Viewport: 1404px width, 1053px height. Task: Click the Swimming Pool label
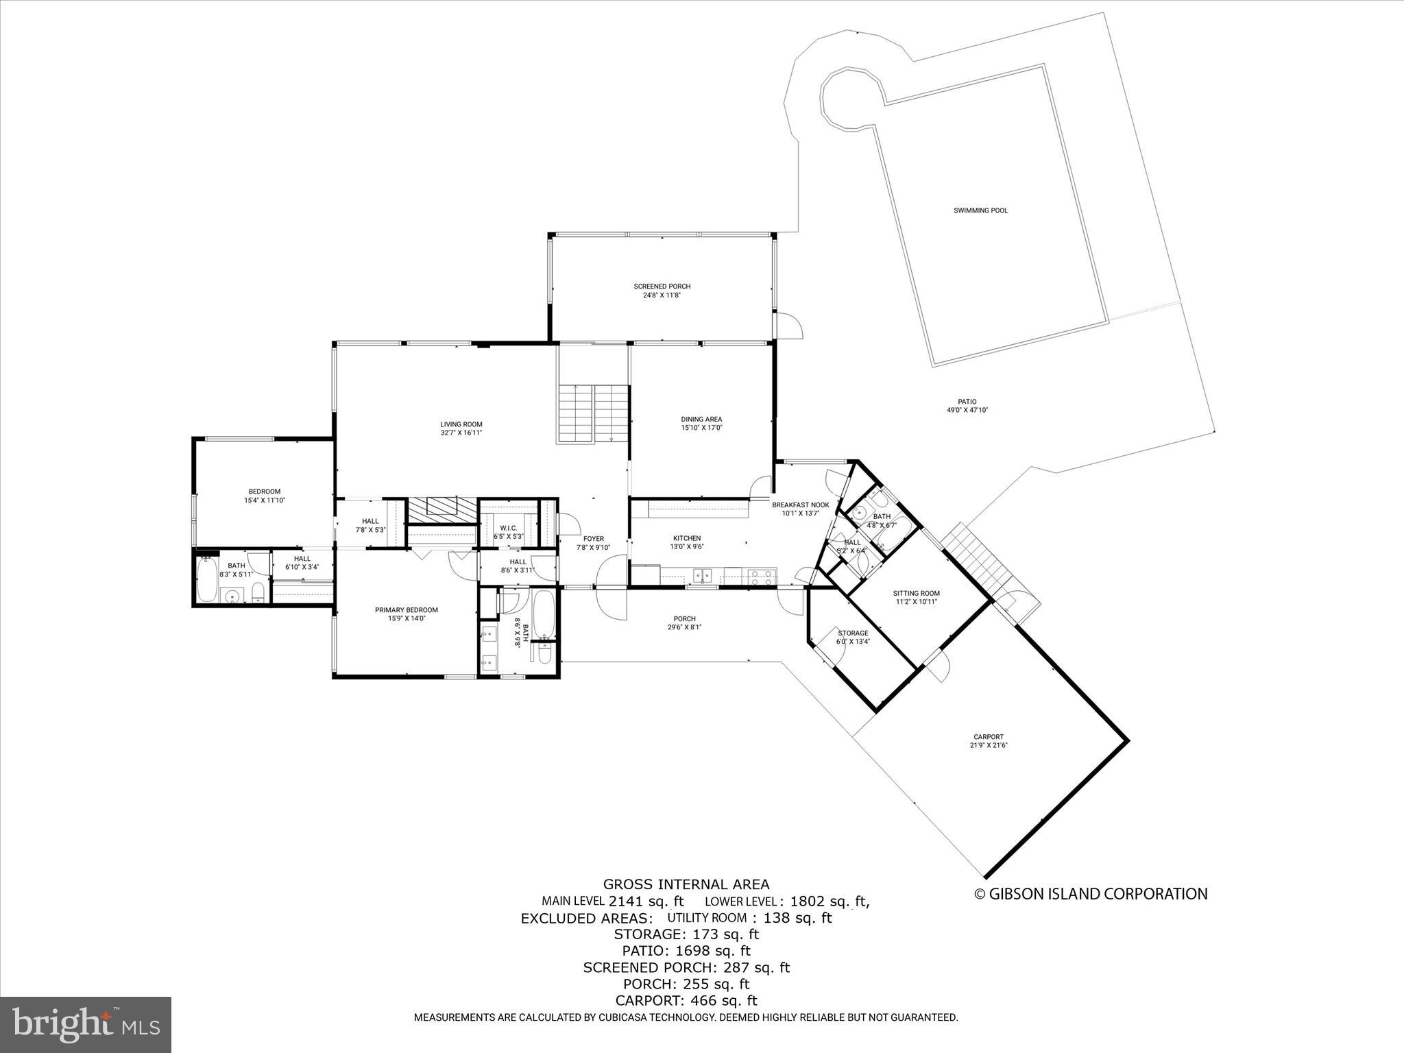pyautogui.click(x=980, y=210)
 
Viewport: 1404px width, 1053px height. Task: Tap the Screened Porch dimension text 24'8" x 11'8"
pyautogui.click(x=661, y=295)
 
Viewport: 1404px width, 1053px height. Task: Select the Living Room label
pyautogui.click(x=461, y=424)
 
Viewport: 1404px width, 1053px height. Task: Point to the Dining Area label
pyautogui.click(x=701, y=419)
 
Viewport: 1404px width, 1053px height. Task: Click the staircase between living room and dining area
pyautogui.click(x=593, y=413)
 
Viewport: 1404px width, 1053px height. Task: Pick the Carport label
pyautogui.click(x=988, y=737)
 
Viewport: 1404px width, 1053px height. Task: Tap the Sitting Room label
pyautogui.click(x=916, y=593)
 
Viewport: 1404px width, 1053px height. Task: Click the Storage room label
pyautogui.click(x=853, y=633)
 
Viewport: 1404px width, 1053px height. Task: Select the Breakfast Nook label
pyautogui.click(x=800, y=505)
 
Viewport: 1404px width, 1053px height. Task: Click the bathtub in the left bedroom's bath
pyautogui.click(x=206, y=580)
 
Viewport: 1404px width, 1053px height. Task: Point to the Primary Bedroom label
pyautogui.click(x=406, y=609)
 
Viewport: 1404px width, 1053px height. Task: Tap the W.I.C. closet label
pyautogui.click(x=508, y=528)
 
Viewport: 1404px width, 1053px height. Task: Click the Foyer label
pyautogui.click(x=593, y=539)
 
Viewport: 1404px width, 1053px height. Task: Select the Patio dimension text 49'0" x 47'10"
pyautogui.click(x=967, y=411)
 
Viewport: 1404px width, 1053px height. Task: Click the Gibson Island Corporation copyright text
pyautogui.click(x=1091, y=894)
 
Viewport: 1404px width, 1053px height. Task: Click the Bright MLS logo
pyautogui.click(x=86, y=1024)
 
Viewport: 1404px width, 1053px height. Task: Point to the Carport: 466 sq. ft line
pyautogui.click(x=686, y=1000)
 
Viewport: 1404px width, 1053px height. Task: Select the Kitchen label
pyautogui.click(x=686, y=538)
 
